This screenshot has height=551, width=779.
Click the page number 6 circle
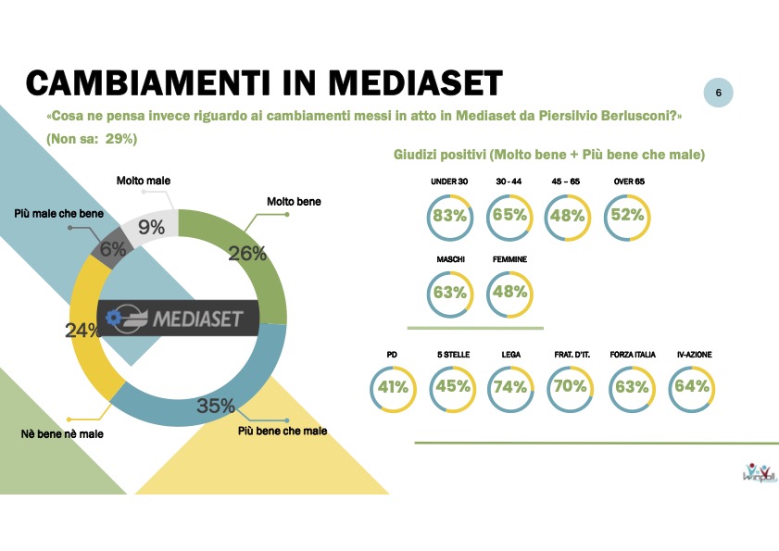[x=718, y=93]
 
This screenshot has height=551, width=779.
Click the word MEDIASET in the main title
[x=415, y=82]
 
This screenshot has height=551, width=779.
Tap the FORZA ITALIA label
[x=633, y=355]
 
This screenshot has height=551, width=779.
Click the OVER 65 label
[x=629, y=182]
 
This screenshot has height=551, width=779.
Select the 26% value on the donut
[x=247, y=254]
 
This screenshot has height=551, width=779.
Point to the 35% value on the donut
[x=216, y=406]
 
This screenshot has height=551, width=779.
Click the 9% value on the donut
[x=152, y=227]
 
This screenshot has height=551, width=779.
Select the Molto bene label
[x=294, y=202]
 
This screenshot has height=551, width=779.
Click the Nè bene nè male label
[x=62, y=434]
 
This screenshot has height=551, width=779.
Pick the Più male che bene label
[x=58, y=214]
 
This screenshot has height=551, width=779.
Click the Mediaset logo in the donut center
[x=178, y=318]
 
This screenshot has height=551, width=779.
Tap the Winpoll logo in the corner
[x=760, y=472]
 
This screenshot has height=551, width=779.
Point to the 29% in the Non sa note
[x=120, y=139]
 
